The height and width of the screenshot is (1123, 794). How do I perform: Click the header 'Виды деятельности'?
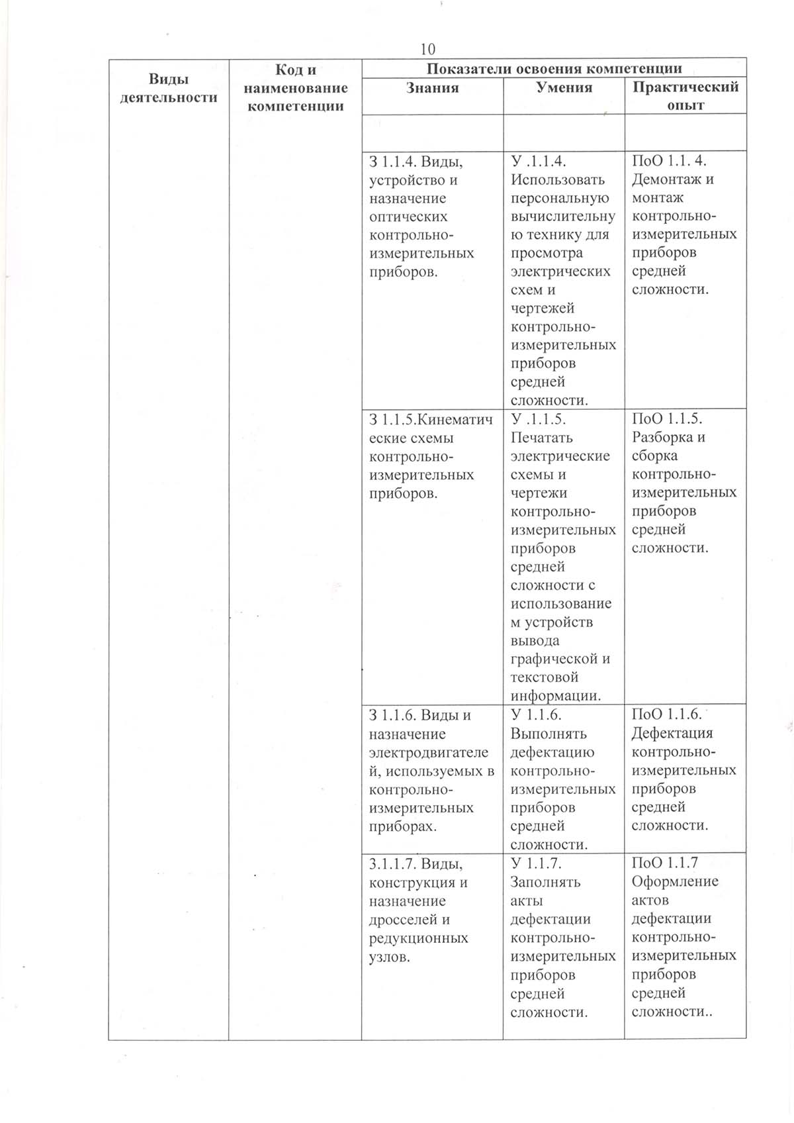coord(169,88)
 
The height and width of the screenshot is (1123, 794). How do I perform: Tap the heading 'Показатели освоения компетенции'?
coord(554,68)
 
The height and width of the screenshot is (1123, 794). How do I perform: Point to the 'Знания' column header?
coord(432,87)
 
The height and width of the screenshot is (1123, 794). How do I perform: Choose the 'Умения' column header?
coord(564,87)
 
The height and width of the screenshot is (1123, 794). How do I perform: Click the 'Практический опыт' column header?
coord(685,96)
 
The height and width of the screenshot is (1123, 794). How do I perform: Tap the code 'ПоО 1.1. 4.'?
coord(669,161)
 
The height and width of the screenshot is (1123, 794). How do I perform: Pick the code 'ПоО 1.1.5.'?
coord(667,418)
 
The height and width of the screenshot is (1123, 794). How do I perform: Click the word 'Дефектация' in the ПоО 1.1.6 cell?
coord(672,733)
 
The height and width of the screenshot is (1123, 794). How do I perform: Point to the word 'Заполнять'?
coord(545,882)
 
